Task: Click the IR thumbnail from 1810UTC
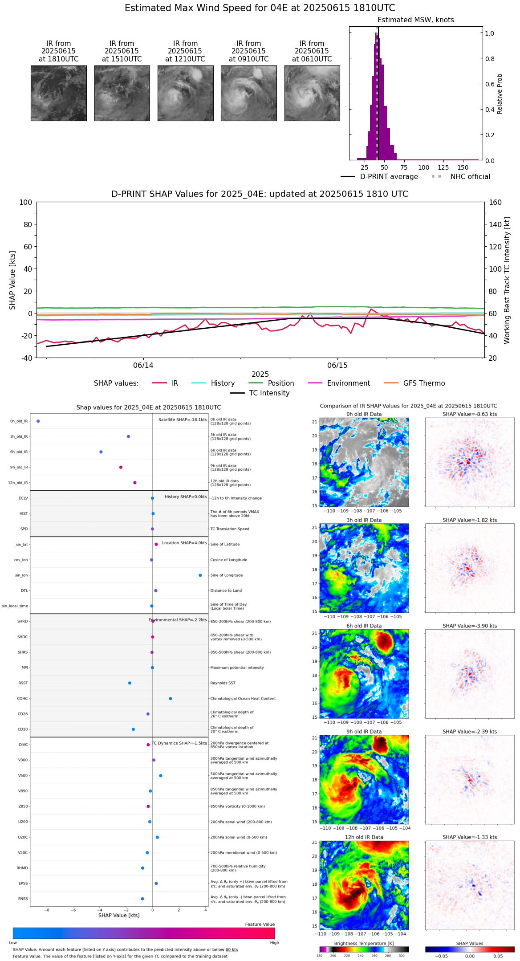59,93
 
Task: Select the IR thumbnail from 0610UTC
312,93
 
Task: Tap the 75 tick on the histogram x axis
404,167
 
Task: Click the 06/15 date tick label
337,366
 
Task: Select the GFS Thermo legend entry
424,383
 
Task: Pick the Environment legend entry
348,383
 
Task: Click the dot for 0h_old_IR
38,421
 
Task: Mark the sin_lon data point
200,575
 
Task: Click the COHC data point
171,698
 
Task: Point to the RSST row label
23,683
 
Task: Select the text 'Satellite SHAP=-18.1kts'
183,419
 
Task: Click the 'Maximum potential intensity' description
237,668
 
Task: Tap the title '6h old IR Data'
364,626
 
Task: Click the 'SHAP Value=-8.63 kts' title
469,414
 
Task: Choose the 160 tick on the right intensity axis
495,202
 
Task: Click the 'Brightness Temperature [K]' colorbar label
364,943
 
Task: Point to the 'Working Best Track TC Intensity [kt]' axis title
507,281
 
